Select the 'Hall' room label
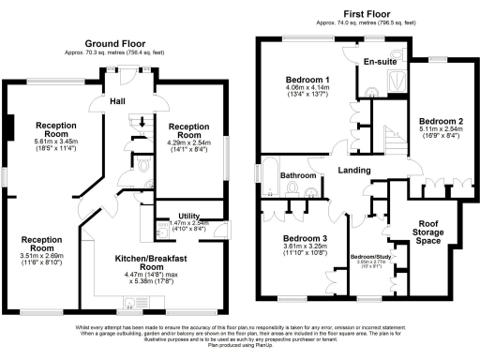pyautogui.click(x=118, y=100)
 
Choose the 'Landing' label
pyautogui.click(x=353, y=170)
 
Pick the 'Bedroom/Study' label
pyautogui.click(x=370, y=256)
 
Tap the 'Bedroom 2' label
pyautogui.click(x=442, y=122)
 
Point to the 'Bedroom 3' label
pyautogui.click(x=305, y=238)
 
